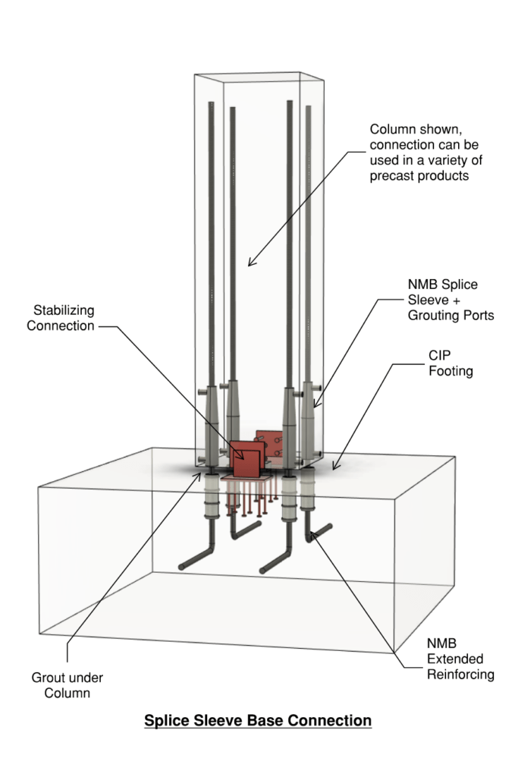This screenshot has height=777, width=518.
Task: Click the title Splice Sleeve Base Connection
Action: tap(258, 719)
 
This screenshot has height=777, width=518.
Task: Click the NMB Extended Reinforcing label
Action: tap(452, 659)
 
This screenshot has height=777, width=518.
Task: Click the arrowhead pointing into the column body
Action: tap(251, 263)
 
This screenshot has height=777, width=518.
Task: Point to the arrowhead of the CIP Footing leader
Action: tap(334, 464)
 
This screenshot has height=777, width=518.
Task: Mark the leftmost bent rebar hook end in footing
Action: tap(183, 565)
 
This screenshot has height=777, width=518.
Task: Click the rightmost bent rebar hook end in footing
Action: tap(331, 527)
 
